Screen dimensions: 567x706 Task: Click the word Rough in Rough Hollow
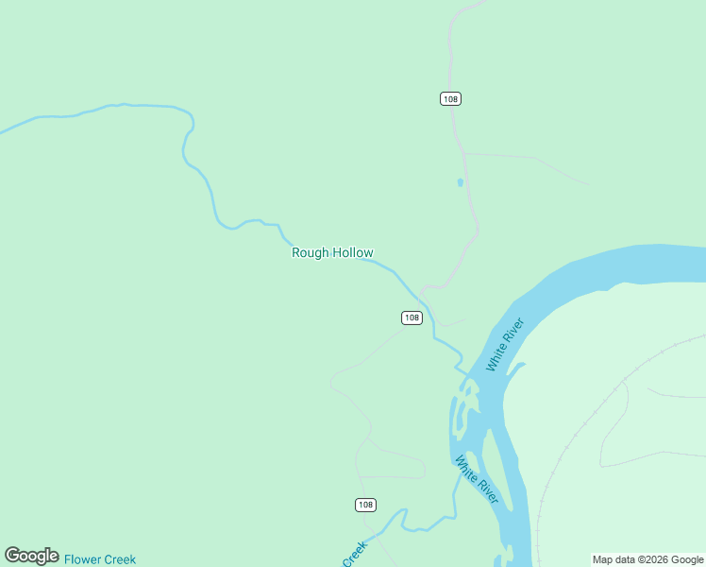point(309,252)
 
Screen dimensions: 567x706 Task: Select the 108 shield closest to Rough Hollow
point(412,318)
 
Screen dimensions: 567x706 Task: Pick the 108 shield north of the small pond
point(450,99)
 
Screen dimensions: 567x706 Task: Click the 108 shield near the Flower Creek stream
point(366,505)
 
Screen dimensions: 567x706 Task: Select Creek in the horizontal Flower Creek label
point(119,559)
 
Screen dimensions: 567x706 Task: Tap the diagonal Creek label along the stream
point(354,554)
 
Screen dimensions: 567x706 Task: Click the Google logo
point(31,556)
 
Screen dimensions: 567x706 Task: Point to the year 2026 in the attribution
point(648,559)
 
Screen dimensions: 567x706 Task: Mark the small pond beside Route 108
point(461,182)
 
